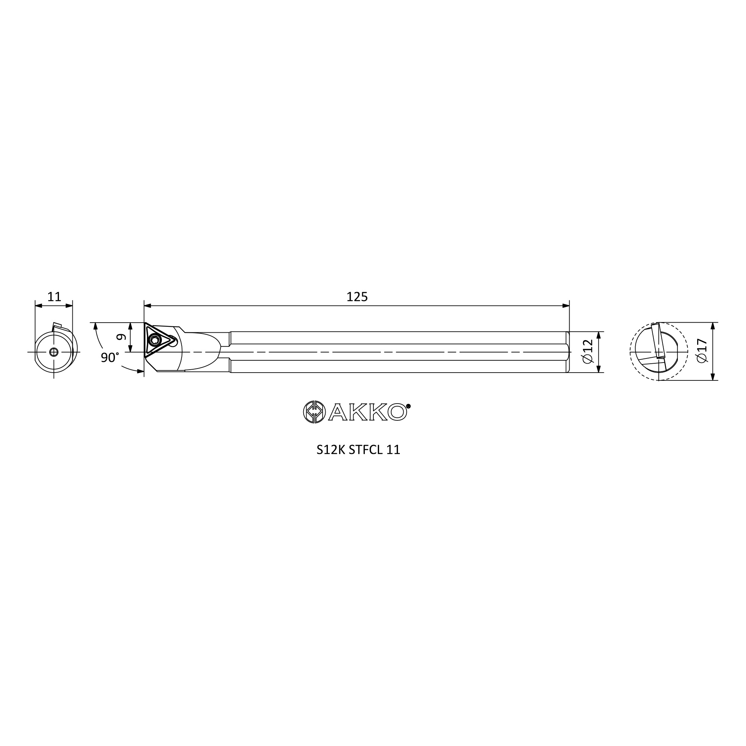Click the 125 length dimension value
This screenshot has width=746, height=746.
[357, 297]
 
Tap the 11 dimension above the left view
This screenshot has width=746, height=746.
[54, 297]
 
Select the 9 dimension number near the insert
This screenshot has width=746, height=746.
[121, 337]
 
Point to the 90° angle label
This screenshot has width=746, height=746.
[110, 358]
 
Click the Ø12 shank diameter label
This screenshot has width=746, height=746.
[587, 351]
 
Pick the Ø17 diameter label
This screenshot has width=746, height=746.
[702, 351]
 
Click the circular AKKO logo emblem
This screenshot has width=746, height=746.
[313, 412]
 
